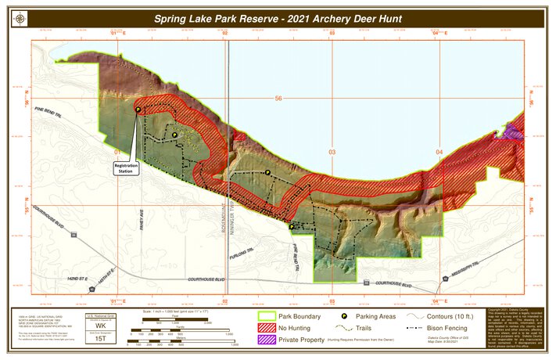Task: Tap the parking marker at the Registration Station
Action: point(138,110)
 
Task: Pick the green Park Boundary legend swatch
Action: point(266,317)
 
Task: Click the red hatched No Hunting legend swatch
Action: point(266,329)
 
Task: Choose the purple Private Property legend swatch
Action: point(266,340)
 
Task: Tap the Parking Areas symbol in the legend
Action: point(343,317)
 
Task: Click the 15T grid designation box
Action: point(100,339)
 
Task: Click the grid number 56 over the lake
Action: point(278,99)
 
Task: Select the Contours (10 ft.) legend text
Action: point(454,317)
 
